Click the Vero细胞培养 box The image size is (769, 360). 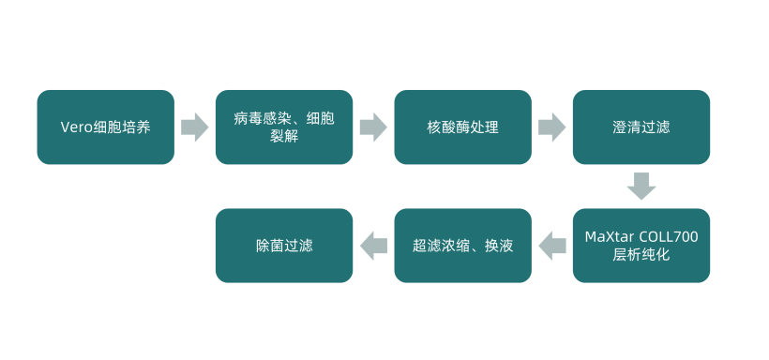click(x=105, y=127)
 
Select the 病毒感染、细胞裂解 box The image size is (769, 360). click(x=284, y=127)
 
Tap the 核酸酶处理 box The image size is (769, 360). click(x=462, y=127)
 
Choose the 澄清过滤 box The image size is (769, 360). click(x=641, y=127)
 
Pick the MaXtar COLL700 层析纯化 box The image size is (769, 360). click(x=641, y=246)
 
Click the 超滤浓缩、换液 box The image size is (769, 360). click(x=462, y=246)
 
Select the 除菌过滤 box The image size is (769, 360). click(x=284, y=246)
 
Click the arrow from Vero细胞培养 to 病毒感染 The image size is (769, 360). click(x=194, y=127)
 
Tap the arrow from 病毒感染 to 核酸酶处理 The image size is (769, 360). click(x=373, y=127)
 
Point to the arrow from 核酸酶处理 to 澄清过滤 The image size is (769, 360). click(x=551, y=127)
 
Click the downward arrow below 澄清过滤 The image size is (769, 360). click(x=641, y=186)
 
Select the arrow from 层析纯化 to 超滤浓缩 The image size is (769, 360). click(x=552, y=246)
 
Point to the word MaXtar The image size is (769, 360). click(x=605, y=236)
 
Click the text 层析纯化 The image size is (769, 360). click(x=641, y=254)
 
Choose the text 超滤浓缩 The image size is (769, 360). click(x=440, y=246)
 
